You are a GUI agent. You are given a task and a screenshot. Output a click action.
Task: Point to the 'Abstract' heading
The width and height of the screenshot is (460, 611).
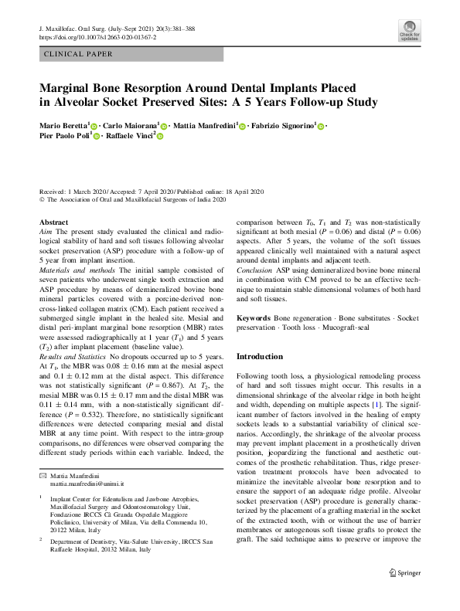click(x=53, y=222)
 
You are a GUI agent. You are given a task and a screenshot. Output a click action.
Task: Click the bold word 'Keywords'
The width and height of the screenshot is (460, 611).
click(x=254, y=318)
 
